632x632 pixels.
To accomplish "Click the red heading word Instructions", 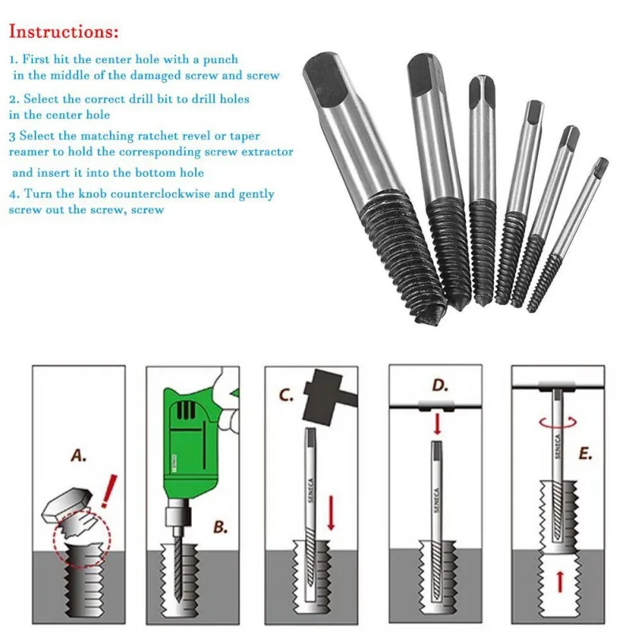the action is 64,32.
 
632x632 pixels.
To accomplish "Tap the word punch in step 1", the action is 220,60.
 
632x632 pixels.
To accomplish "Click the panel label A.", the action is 78,456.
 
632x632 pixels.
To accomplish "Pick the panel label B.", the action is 220,527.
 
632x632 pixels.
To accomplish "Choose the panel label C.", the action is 286,394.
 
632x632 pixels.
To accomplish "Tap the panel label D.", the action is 440,386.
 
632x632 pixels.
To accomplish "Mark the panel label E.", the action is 585,453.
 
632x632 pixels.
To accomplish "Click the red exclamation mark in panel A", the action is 109,491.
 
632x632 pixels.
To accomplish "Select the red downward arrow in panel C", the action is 331,513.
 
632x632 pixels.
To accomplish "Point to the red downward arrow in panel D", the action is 438,423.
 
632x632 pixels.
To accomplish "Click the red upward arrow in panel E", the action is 559,583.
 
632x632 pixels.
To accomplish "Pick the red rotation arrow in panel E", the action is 559,423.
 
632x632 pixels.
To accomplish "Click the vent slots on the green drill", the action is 186,410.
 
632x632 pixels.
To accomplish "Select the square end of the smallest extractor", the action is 602,165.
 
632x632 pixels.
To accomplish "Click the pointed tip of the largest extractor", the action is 431,319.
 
